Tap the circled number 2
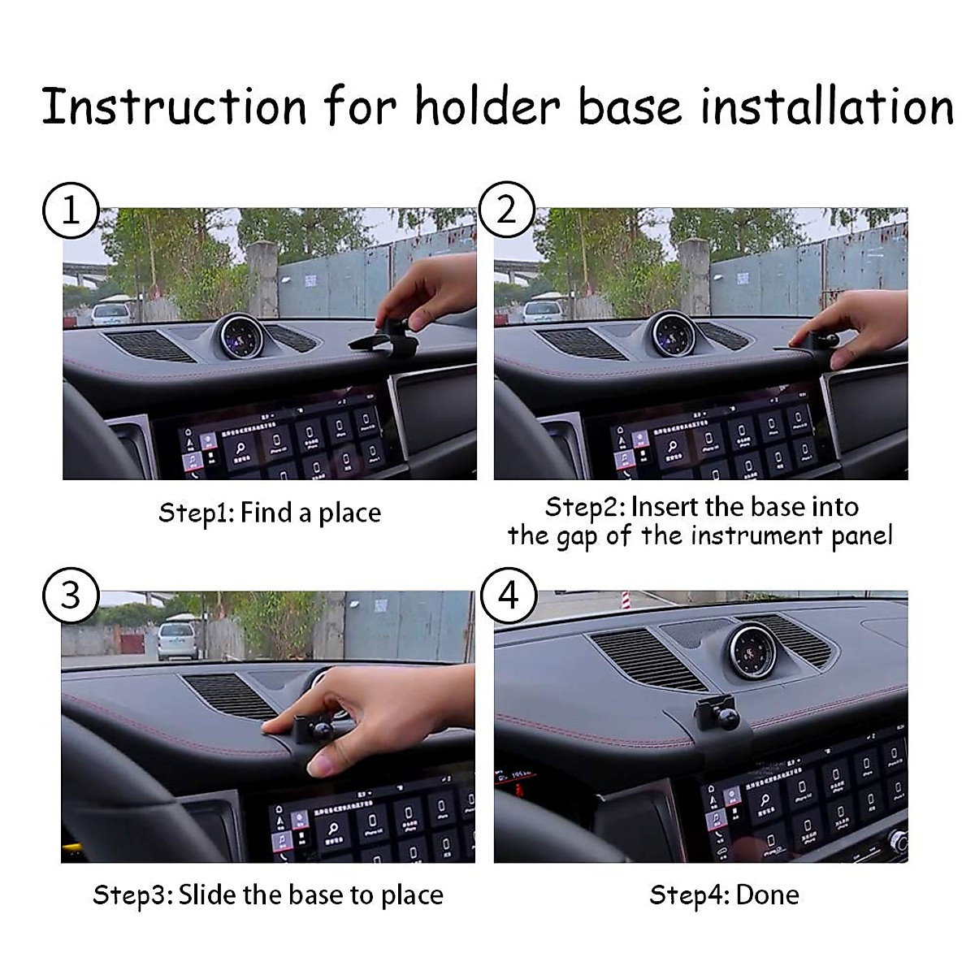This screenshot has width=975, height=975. pos(505,210)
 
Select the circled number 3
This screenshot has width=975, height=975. pos(71,596)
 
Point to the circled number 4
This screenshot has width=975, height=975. pos(508,596)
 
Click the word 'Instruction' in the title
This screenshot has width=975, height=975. pos(174,106)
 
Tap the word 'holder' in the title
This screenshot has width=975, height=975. pos(487,106)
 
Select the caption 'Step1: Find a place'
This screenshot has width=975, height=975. pos(269,513)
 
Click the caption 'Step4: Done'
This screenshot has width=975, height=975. pos(724,895)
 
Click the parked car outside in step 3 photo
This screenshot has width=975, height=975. pos(178,640)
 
